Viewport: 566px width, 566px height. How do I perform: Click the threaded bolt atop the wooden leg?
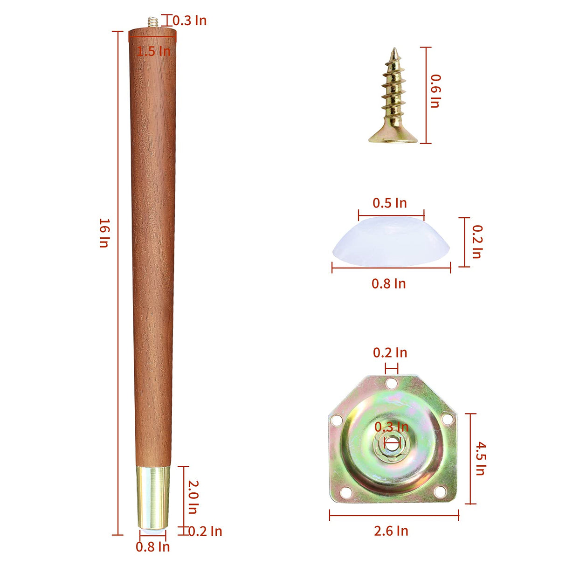point(152,22)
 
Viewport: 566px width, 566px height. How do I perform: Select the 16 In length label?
point(104,233)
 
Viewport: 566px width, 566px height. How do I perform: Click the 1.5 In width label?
point(153,51)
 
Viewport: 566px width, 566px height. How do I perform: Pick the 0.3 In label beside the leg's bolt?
point(189,21)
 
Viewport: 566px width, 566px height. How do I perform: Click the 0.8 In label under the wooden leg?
point(153,547)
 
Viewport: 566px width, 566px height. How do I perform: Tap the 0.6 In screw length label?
point(435,91)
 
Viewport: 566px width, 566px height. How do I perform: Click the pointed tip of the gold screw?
point(394,50)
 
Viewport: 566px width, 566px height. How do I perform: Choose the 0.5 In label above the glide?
point(390,203)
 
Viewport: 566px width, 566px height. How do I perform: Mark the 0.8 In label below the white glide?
point(389,283)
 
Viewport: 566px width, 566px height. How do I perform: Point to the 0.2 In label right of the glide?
point(476,242)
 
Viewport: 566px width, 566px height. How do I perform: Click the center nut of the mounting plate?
point(392,441)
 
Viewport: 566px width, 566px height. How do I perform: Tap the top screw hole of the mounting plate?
point(392,384)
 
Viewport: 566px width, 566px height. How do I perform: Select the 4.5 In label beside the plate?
point(480,458)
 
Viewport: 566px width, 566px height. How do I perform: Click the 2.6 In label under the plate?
point(391,531)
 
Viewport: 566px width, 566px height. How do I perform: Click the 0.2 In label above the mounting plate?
point(390,353)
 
